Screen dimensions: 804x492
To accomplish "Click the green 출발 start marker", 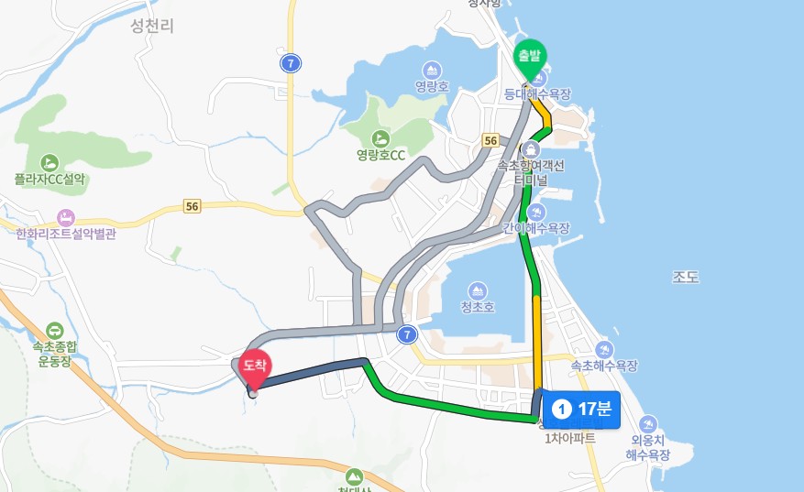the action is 529,56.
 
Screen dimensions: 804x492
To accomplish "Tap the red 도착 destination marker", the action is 253,368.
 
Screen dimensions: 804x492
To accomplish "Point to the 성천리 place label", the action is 152,27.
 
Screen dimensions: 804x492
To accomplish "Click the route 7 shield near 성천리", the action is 290,63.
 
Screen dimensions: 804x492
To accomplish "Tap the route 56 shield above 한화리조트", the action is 192,207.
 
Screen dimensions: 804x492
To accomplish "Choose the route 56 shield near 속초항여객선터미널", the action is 490,140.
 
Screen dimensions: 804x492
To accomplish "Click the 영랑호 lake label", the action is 431,87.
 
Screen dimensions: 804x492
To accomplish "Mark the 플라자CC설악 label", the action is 50,180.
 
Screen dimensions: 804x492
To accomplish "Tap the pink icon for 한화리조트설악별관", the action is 66,218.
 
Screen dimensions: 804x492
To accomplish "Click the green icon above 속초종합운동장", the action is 54,331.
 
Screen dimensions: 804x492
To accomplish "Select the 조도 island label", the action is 686,276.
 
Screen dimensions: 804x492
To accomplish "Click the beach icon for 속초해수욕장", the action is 604,349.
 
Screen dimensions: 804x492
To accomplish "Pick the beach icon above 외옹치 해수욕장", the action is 648,424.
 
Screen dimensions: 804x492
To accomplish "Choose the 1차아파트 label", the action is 569,438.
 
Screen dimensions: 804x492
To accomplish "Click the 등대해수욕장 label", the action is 538,93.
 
